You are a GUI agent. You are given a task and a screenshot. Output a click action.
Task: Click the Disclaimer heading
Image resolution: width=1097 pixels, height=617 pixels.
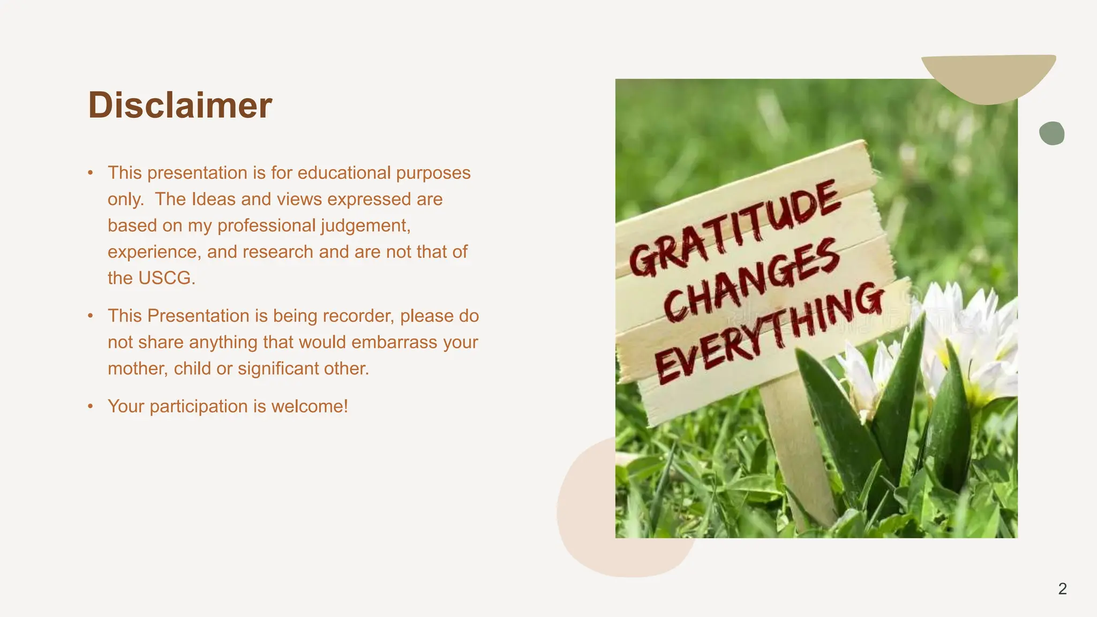[x=180, y=105]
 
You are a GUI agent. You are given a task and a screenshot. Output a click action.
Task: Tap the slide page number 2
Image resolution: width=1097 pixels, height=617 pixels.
[x=1062, y=589]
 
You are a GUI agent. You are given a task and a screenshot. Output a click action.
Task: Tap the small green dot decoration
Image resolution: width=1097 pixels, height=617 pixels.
[x=1051, y=133]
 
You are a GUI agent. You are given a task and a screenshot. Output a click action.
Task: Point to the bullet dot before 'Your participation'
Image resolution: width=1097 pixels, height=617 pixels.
[x=91, y=407]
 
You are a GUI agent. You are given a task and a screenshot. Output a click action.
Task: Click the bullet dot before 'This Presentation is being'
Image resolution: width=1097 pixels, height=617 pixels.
[x=91, y=316]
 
